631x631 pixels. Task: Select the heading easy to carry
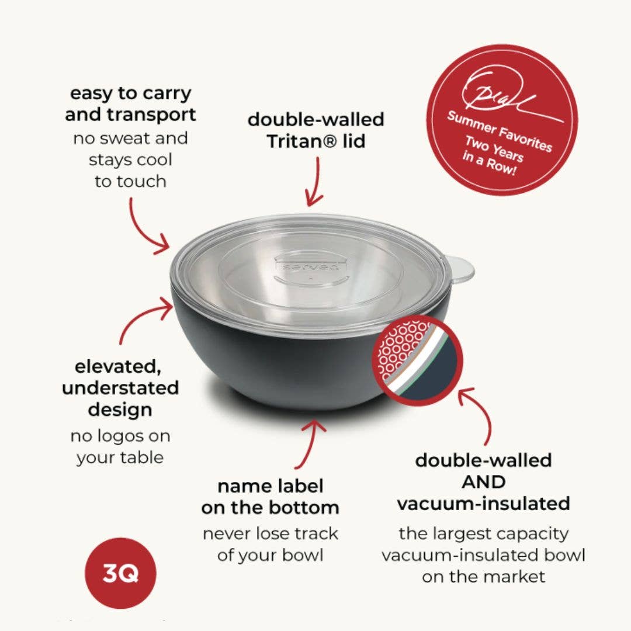click(x=130, y=93)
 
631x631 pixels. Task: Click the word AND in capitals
click(x=483, y=481)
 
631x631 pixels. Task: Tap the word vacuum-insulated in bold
click(x=483, y=503)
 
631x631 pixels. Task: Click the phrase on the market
click(x=483, y=577)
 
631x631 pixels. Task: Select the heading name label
click(x=270, y=486)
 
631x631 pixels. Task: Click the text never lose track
click(x=270, y=533)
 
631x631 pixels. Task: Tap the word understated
click(x=120, y=388)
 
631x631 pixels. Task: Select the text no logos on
click(x=120, y=436)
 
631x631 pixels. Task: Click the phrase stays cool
click(x=130, y=160)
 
